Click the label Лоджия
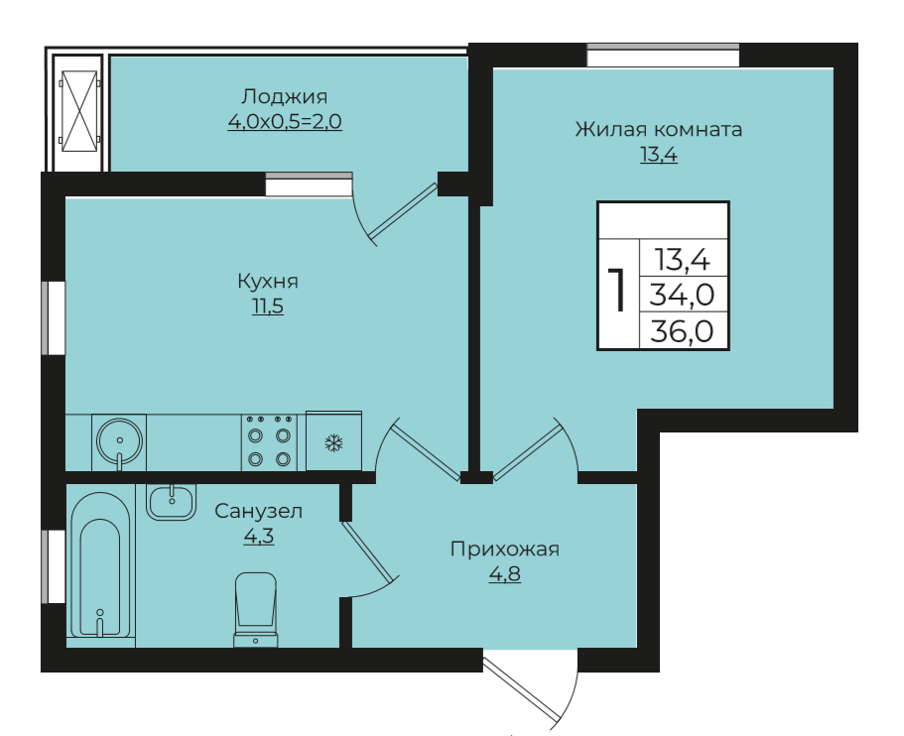(284, 97)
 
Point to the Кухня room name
(267, 282)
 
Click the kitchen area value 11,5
(267, 307)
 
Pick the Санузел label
(259, 512)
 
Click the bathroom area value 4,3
(258, 537)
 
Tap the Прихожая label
(505, 550)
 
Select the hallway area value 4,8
(505, 573)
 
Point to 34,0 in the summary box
(683, 295)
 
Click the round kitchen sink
(119, 438)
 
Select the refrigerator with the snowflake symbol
(333, 441)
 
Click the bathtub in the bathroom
(100, 565)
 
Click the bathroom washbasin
(172, 501)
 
